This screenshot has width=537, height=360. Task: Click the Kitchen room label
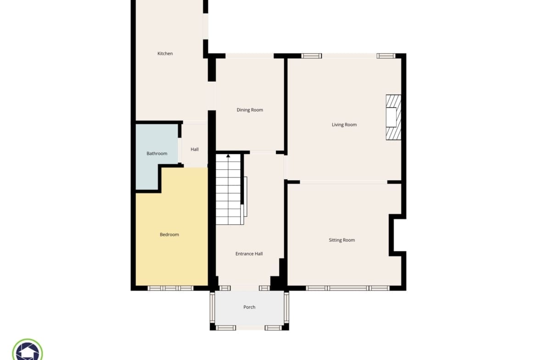(165, 53)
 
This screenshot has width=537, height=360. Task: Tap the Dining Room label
(250, 110)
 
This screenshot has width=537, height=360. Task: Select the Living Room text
(344, 125)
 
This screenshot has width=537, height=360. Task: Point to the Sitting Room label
(341, 240)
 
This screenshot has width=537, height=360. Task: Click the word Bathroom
(157, 153)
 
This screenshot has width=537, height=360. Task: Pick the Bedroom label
(169, 234)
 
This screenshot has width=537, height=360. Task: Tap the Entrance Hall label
(249, 254)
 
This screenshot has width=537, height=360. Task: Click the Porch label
(249, 307)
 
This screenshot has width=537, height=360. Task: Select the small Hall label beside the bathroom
(195, 149)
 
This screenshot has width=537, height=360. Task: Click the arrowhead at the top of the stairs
(228, 156)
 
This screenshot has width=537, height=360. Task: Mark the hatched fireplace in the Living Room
(393, 117)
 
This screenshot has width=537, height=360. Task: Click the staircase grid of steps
(229, 189)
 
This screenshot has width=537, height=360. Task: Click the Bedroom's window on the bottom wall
(171, 288)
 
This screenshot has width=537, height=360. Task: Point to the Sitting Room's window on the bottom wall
(347, 288)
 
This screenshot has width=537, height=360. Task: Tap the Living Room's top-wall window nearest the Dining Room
(311, 56)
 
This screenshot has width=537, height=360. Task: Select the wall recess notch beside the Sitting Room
(397, 235)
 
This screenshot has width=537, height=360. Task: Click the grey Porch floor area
(249, 308)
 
